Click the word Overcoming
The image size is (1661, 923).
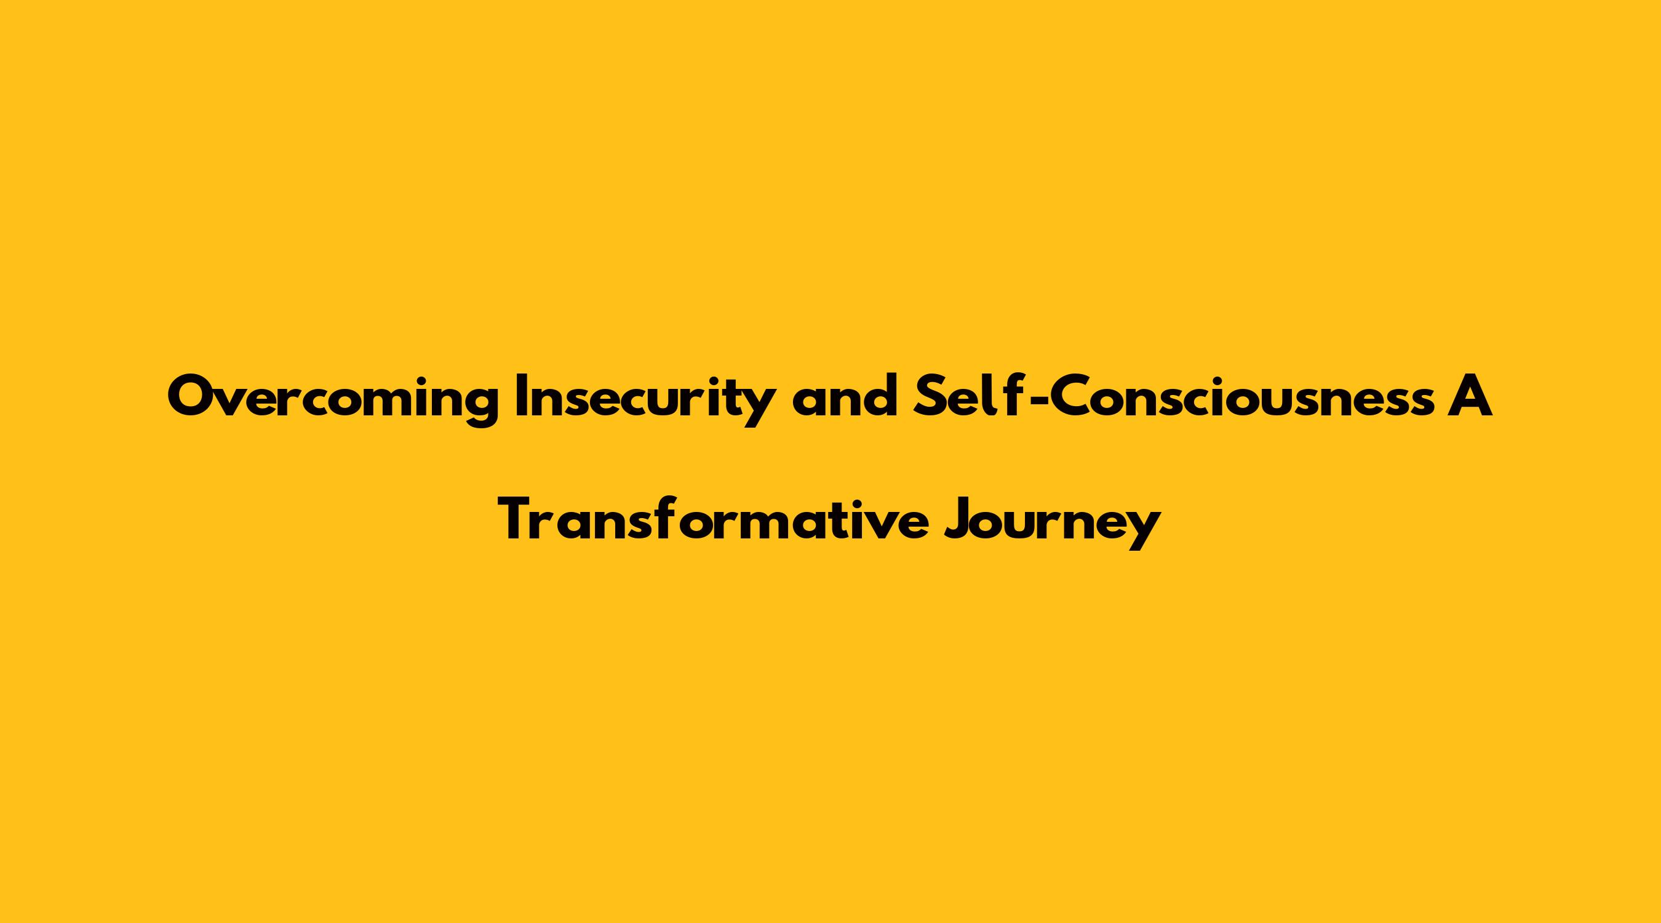[x=333, y=401]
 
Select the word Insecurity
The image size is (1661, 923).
[x=645, y=399]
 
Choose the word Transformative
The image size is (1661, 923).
[x=715, y=520]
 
